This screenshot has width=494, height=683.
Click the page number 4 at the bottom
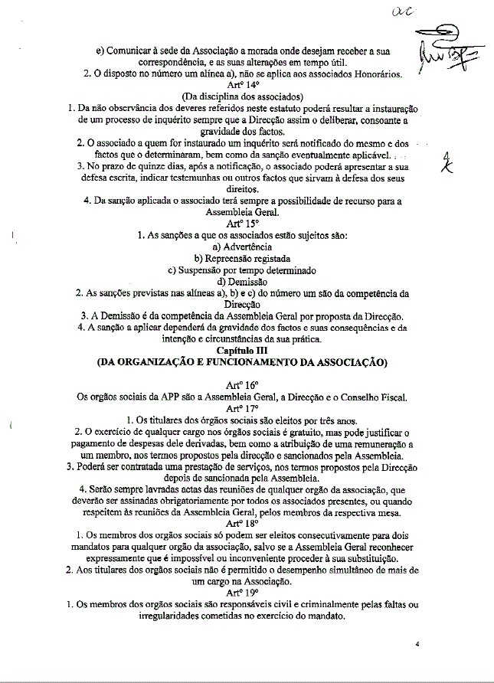[418, 645]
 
